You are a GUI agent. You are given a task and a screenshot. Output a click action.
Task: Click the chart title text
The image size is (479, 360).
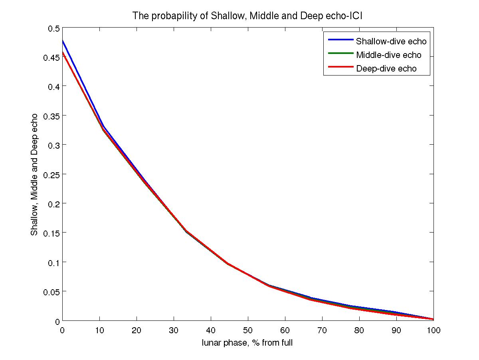pos(247,16)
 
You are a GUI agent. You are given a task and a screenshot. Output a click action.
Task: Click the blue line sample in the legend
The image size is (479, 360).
pos(340,40)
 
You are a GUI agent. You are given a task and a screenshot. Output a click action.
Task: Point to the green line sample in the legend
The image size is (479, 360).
pos(340,54)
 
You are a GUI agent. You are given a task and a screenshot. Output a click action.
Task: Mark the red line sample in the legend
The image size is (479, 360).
pos(340,67)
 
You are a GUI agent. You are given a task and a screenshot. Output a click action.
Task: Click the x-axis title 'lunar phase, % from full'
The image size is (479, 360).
pos(247,342)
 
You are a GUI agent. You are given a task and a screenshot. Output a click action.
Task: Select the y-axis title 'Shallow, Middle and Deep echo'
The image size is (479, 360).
pos(35,174)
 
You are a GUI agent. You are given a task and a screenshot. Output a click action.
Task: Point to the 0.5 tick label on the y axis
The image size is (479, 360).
pos(54,28)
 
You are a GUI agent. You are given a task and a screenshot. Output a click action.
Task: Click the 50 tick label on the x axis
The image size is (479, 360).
pos(248,330)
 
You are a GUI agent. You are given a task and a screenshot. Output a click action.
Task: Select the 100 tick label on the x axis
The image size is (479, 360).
pos(433,330)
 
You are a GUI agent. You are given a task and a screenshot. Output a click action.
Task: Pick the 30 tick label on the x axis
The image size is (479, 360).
pos(174,330)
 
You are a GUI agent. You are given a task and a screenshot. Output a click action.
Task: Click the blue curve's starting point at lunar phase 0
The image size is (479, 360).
pos(63,40)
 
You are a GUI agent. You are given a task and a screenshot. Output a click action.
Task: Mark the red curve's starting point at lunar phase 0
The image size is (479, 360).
pos(63,52)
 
